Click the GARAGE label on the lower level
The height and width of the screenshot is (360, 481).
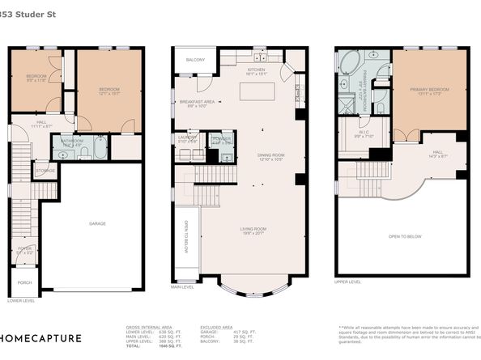coord(97,223)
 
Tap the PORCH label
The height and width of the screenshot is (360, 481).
coord(25,282)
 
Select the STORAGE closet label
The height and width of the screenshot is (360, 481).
coord(47,171)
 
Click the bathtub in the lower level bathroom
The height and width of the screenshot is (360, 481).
coord(99,148)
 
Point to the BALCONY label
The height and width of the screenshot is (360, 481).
coord(195,60)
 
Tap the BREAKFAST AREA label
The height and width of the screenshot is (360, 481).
coord(198,103)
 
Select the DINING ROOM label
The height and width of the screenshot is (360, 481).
coord(258,157)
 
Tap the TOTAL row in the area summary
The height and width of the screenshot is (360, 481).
coord(146,345)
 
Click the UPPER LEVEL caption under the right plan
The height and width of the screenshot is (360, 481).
coord(349,282)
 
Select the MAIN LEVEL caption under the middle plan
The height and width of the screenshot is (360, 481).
coord(182,287)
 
